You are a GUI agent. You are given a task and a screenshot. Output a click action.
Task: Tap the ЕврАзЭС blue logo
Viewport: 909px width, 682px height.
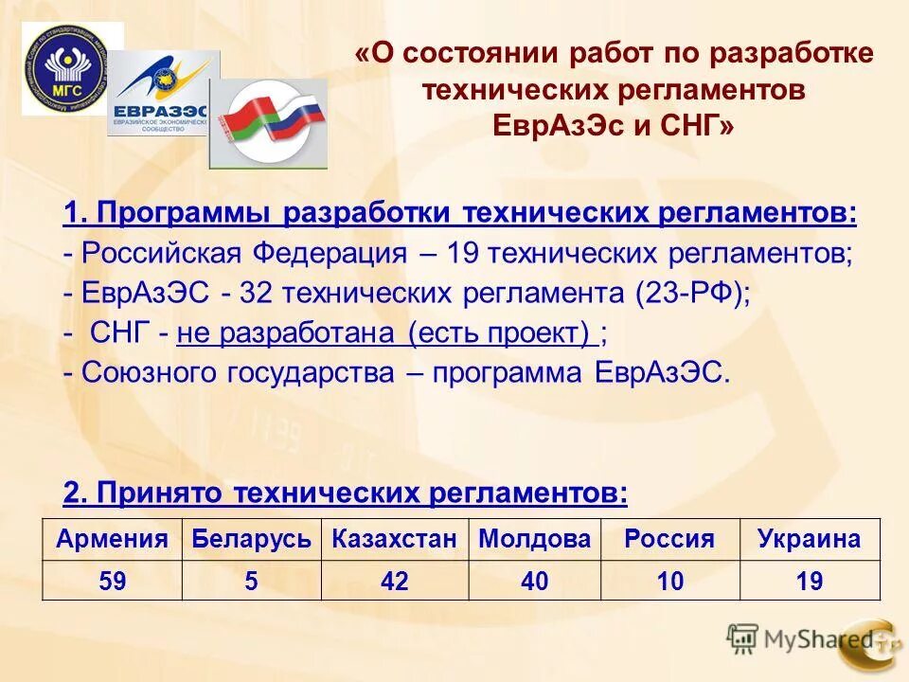pyautogui.click(x=162, y=95)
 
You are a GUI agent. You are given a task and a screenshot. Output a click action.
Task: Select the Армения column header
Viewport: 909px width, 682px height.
pyautogui.click(x=112, y=540)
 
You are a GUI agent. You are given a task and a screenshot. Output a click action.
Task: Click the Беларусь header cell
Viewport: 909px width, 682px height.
pyautogui.click(x=251, y=540)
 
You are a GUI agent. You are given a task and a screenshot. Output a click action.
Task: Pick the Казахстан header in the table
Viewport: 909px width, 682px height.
pyautogui.click(x=395, y=540)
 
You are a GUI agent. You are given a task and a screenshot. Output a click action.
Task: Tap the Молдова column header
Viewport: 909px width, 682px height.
pyautogui.click(x=535, y=540)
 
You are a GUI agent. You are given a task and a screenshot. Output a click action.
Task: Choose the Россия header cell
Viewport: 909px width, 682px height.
pyautogui.click(x=669, y=540)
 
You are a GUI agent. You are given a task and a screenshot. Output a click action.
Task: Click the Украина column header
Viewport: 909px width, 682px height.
pyautogui.click(x=810, y=540)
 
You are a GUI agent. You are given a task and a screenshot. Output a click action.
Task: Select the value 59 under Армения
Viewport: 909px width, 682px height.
pyautogui.click(x=112, y=581)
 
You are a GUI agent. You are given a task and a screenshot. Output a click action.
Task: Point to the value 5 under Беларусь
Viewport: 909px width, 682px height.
pyautogui.click(x=251, y=581)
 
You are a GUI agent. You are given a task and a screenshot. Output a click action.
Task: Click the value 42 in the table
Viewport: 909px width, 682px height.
pyautogui.click(x=395, y=581)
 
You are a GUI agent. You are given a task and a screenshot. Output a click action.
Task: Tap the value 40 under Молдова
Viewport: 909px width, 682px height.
pyautogui.click(x=535, y=581)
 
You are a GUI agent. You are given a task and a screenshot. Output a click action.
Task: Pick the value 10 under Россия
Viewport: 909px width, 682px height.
pyautogui.click(x=669, y=581)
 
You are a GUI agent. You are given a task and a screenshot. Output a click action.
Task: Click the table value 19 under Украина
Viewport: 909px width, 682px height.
pyautogui.click(x=810, y=581)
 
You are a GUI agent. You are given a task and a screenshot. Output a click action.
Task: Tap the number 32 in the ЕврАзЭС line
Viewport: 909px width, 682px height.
pyautogui.click(x=257, y=294)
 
